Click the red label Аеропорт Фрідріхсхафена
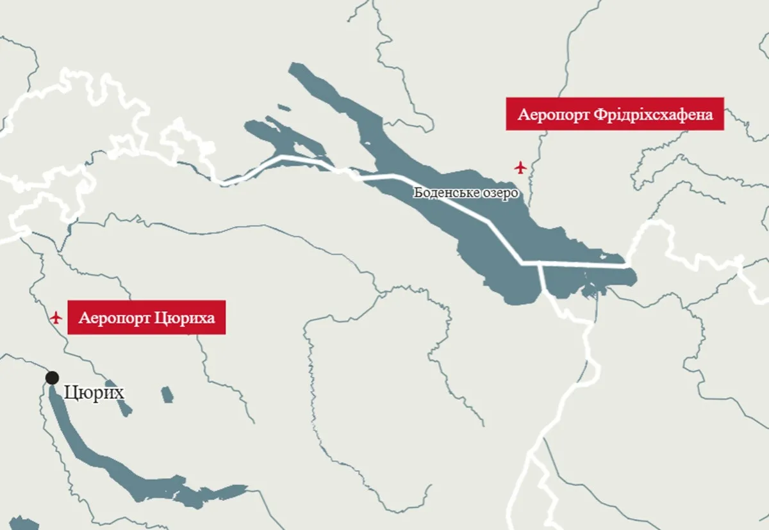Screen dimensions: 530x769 (x=615, y=114)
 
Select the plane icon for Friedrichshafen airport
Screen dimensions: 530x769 (x=520, y=168)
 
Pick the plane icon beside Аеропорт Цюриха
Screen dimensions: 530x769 (x=56, y=317)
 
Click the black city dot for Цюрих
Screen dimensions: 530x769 (x=52, y=378)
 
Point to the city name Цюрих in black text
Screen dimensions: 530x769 (x=94, y=392)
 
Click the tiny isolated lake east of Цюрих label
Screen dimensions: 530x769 (x=167, y=394)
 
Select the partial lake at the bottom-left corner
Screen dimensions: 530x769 (x=22, y=523)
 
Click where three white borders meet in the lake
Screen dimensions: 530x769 (x=540, y=263)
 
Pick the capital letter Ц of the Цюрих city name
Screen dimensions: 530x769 (x=71, y=392)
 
